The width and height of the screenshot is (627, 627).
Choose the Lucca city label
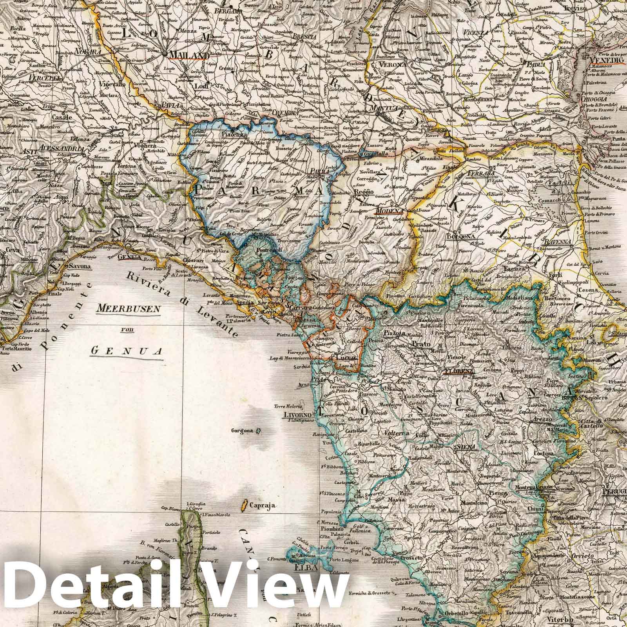point(345,358)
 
